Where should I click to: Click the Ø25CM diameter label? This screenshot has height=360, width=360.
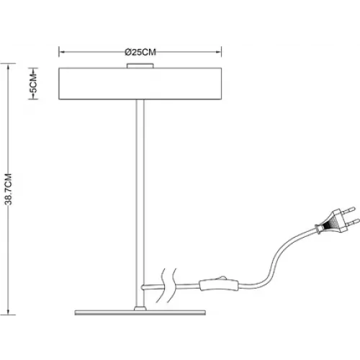(140, 52)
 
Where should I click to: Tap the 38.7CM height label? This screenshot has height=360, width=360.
(9, 189)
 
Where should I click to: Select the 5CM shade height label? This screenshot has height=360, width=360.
(34, 84)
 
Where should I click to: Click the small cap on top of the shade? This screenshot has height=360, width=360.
(140, 66)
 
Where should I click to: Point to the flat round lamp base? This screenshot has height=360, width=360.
(140, 312)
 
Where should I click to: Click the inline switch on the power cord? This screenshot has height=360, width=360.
(219, 285)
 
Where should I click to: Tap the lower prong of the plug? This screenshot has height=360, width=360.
(354, 222)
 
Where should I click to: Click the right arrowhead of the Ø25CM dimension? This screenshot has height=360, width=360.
(218, 52)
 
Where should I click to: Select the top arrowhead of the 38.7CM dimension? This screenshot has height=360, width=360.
(9, 67)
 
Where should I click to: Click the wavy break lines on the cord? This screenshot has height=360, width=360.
(166, 285)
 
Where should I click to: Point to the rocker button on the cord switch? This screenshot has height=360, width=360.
(222, 278)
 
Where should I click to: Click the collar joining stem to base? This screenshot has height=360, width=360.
(140, 308)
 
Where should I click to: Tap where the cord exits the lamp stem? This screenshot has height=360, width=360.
(143, 287)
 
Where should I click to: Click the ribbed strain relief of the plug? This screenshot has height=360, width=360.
(327, 225)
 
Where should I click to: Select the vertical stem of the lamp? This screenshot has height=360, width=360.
(140, 203)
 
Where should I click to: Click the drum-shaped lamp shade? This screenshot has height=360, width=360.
(140, 84)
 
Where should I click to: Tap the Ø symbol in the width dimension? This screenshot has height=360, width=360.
(127, 52)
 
